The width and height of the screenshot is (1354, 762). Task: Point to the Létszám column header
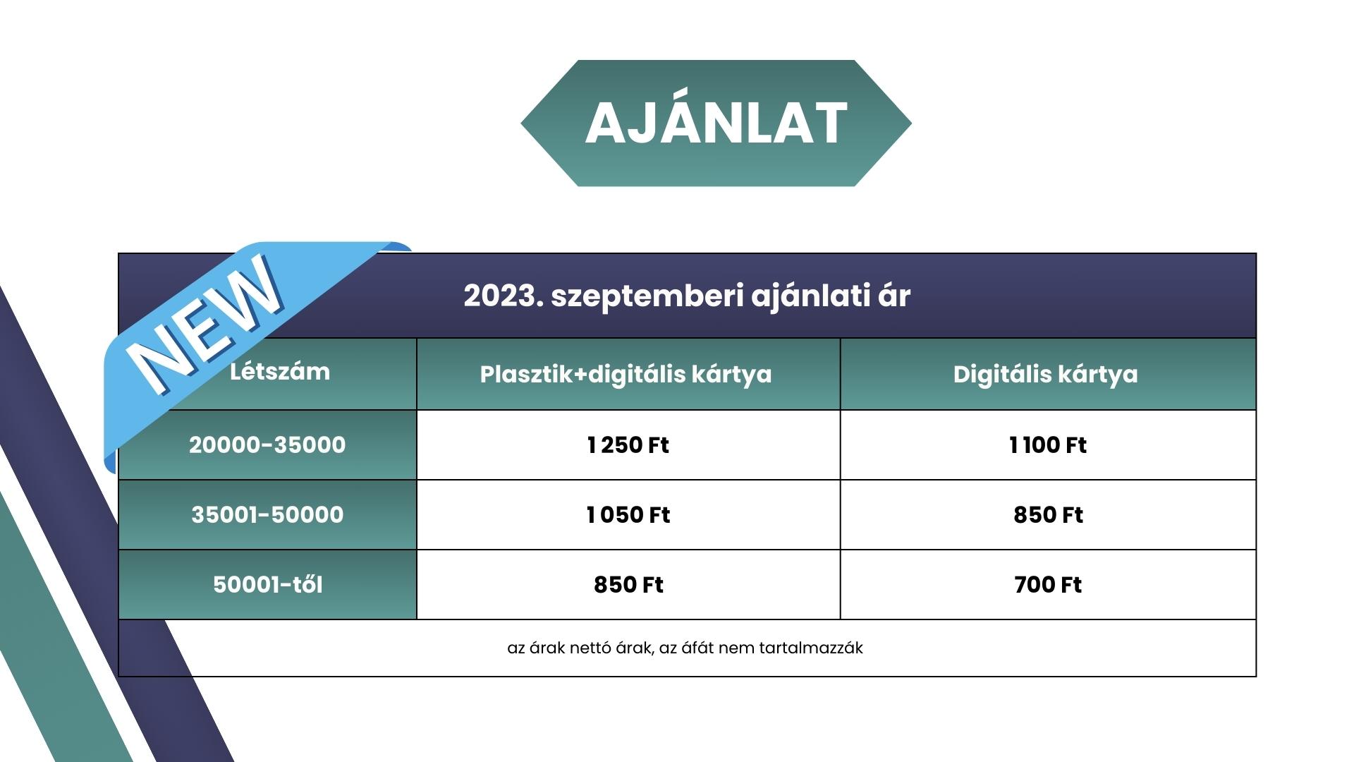280,371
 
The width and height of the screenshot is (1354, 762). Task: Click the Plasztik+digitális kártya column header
626,374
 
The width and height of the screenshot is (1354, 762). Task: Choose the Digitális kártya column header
1045,374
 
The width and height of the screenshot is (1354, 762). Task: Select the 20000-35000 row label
267,445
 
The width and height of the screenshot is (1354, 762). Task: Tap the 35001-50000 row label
267,514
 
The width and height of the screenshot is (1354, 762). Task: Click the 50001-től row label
267,584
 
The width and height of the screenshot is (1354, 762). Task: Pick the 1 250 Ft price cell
628,445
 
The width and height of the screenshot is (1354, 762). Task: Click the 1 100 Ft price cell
1048,445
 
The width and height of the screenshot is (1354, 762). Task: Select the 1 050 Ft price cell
628,514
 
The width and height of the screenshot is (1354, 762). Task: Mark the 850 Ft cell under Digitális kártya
1048,514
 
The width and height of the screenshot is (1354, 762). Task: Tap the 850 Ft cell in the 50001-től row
628,584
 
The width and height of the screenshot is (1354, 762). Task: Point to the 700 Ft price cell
1048,584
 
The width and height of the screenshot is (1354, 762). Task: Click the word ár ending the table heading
894,296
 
